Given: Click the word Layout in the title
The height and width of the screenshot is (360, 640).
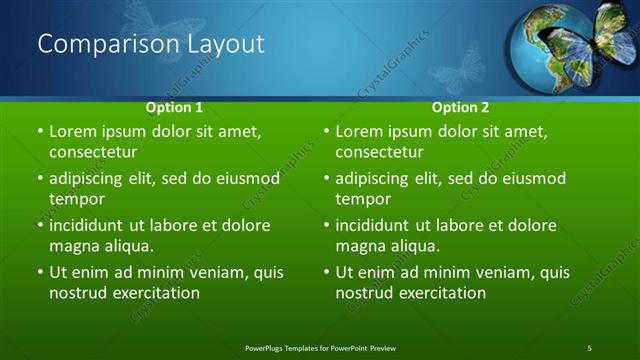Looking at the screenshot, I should (223, 44).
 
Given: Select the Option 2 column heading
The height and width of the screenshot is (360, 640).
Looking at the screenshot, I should (460, 106).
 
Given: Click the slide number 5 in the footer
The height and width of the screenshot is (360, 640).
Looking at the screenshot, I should (589, 347).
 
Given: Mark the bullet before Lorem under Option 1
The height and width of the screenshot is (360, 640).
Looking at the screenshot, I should (40, 132).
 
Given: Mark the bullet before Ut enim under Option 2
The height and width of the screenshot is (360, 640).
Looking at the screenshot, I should (327, 272).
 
